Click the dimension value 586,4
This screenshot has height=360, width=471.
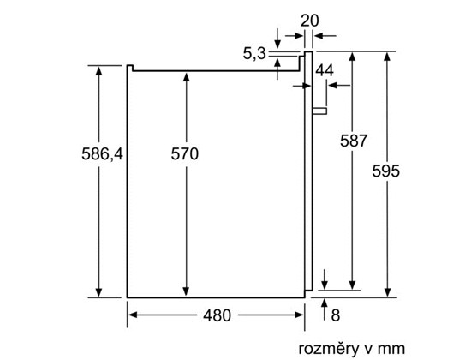click(x=103, y=154)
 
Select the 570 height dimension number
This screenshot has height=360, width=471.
click(x=185, y=153)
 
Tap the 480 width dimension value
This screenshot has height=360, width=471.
click(x=217, y=315)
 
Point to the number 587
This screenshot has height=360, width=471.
click(x=354, y=141)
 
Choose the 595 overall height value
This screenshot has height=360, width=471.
click(x=386, y=171)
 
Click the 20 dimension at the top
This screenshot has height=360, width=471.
click(x=310, y=21)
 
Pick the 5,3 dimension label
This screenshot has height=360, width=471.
click(x=254, y=54)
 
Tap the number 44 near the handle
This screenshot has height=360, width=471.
click(x=325, y=70)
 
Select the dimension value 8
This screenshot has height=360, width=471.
click(x=335, y=315)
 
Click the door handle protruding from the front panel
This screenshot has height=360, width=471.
click(x=319, y=111)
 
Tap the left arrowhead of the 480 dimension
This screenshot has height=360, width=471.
click(x=133, y=315)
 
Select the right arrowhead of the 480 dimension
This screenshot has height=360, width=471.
click(x=300, y=315)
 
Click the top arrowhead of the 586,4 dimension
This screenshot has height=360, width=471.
click(x=98, y=71)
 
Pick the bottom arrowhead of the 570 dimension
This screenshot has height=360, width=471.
click(x=186, y=291)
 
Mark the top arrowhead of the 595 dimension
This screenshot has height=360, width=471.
click(x=387, y=57)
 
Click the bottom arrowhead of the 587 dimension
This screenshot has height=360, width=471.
click(x=353, y=285)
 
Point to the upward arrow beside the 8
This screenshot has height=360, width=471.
click(x=325, y=309)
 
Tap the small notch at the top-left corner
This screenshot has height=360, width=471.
click(x=130, y=68)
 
